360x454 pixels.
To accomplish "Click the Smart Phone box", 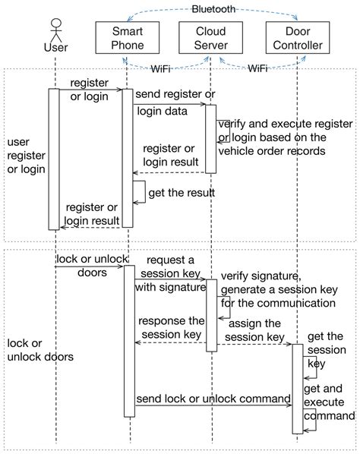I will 128,38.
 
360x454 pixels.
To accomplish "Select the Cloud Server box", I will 209,38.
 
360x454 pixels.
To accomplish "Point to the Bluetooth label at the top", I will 213,10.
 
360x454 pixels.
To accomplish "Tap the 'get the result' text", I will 182,193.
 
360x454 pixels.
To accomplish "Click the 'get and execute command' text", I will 329,402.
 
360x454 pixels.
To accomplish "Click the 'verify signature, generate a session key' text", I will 277,288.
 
